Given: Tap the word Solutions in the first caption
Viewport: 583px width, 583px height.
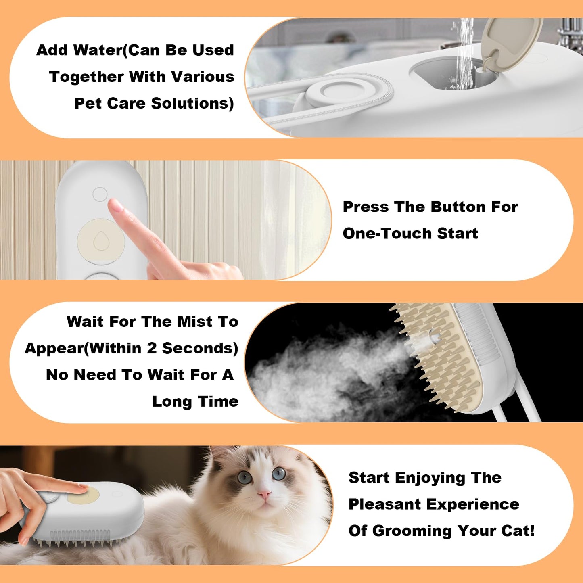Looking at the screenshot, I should [192, 104].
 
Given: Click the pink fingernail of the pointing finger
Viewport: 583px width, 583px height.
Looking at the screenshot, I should [116, 205].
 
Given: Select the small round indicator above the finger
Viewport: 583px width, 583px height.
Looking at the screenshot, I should [100, 194].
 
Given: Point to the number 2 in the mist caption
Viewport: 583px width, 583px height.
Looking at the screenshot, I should [151, 349].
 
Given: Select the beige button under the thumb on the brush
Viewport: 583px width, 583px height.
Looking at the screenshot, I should [83, 495].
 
